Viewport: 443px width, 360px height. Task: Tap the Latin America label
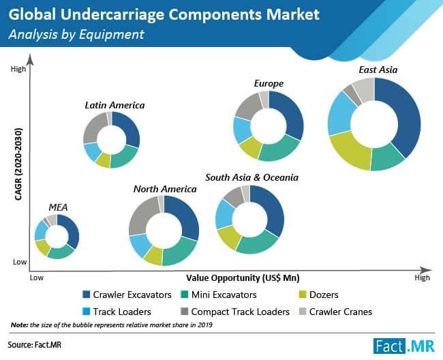pyautogui.click(x=114, y=105)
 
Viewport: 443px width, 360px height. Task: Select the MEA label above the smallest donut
pyautogui.click(x=57, y=207)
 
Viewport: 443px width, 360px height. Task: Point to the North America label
pyautogui.click(x=165, y=189)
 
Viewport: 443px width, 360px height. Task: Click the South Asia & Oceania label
pyautogui.click(x=251, y=177)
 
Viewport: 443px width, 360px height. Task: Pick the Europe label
pyautogui.click(x=269, y=84)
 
